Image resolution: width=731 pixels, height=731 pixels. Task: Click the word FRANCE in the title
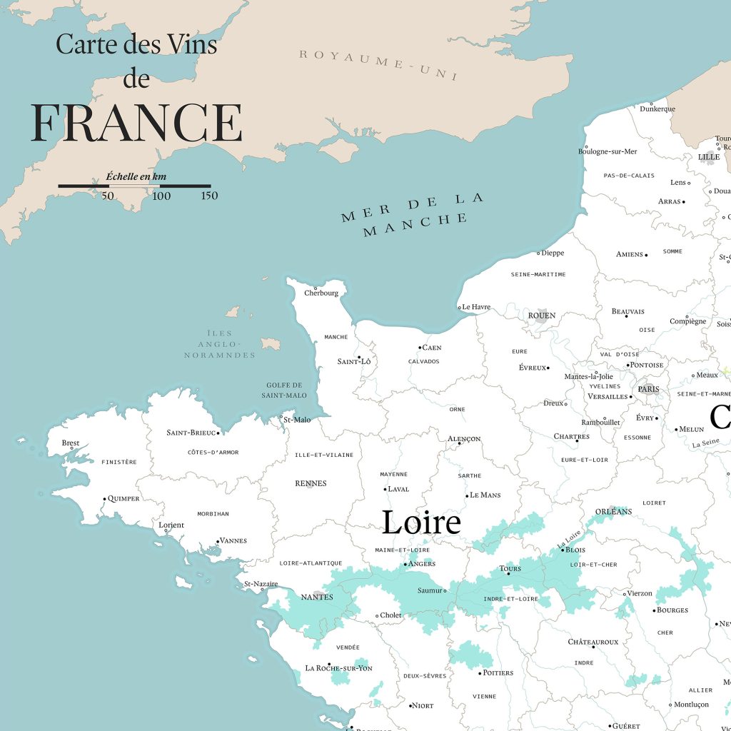pos(136,123)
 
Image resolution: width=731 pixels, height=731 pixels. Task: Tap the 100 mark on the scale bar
pos(161,196)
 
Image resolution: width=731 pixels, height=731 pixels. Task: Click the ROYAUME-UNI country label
pos(378,65)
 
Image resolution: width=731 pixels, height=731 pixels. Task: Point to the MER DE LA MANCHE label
pos(413,213)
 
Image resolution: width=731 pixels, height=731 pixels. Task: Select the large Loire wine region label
pos(421,523)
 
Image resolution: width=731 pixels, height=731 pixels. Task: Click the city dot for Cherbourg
pos(316,288)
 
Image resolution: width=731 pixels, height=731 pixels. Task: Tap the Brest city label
pos(71,443)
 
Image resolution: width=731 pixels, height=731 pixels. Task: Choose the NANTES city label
pos(317,597)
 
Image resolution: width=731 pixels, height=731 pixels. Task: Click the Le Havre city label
pos(476,307)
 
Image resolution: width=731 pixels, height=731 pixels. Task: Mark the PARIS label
pos(649,389)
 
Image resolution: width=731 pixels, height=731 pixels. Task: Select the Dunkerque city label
pos(657,109)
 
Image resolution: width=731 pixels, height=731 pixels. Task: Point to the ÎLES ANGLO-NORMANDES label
pos(220,344)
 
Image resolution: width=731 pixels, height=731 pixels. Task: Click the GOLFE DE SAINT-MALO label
pos(283,390)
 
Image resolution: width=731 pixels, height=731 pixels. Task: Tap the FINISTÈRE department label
pos(119,462)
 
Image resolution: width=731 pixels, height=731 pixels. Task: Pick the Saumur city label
pos(430,590)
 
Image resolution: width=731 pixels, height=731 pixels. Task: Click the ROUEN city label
pos(541,316)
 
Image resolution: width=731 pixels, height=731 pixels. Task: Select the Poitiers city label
pos(498,672)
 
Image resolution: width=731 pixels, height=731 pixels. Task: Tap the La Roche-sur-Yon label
pos(338,668)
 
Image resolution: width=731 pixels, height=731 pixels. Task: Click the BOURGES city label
pos(672,610)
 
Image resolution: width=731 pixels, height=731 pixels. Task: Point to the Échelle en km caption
pos(136,176)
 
